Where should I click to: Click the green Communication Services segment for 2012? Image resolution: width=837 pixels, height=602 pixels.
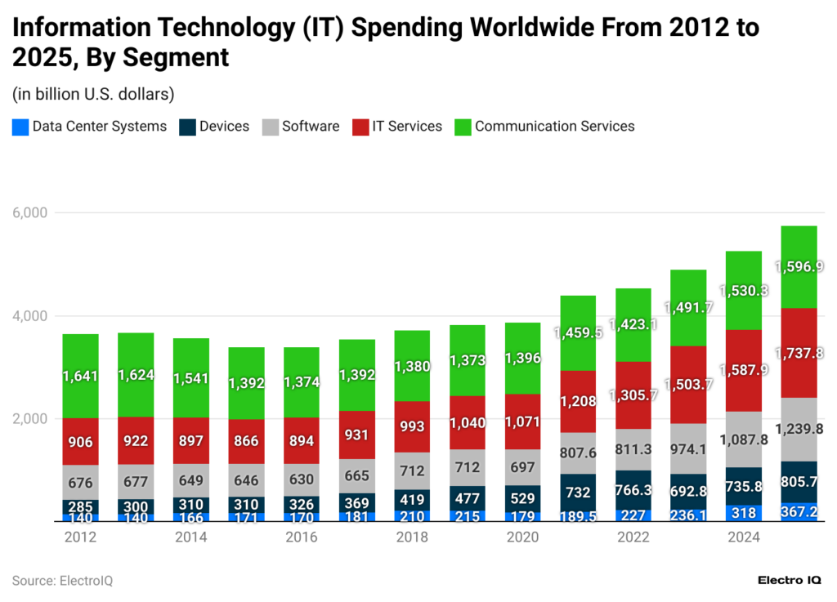80,376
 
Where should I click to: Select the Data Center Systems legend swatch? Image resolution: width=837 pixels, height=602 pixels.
20,127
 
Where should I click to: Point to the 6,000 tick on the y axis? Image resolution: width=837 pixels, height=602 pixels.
30,212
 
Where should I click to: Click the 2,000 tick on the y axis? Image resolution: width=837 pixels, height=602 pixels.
30,419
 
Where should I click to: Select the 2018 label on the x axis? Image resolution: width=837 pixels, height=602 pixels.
412,537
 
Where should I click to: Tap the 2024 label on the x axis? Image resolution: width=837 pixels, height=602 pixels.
744,537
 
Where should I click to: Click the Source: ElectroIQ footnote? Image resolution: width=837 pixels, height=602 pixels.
62,581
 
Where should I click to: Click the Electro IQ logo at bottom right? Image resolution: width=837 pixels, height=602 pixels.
790,580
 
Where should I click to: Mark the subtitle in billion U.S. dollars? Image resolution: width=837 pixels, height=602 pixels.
93,95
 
